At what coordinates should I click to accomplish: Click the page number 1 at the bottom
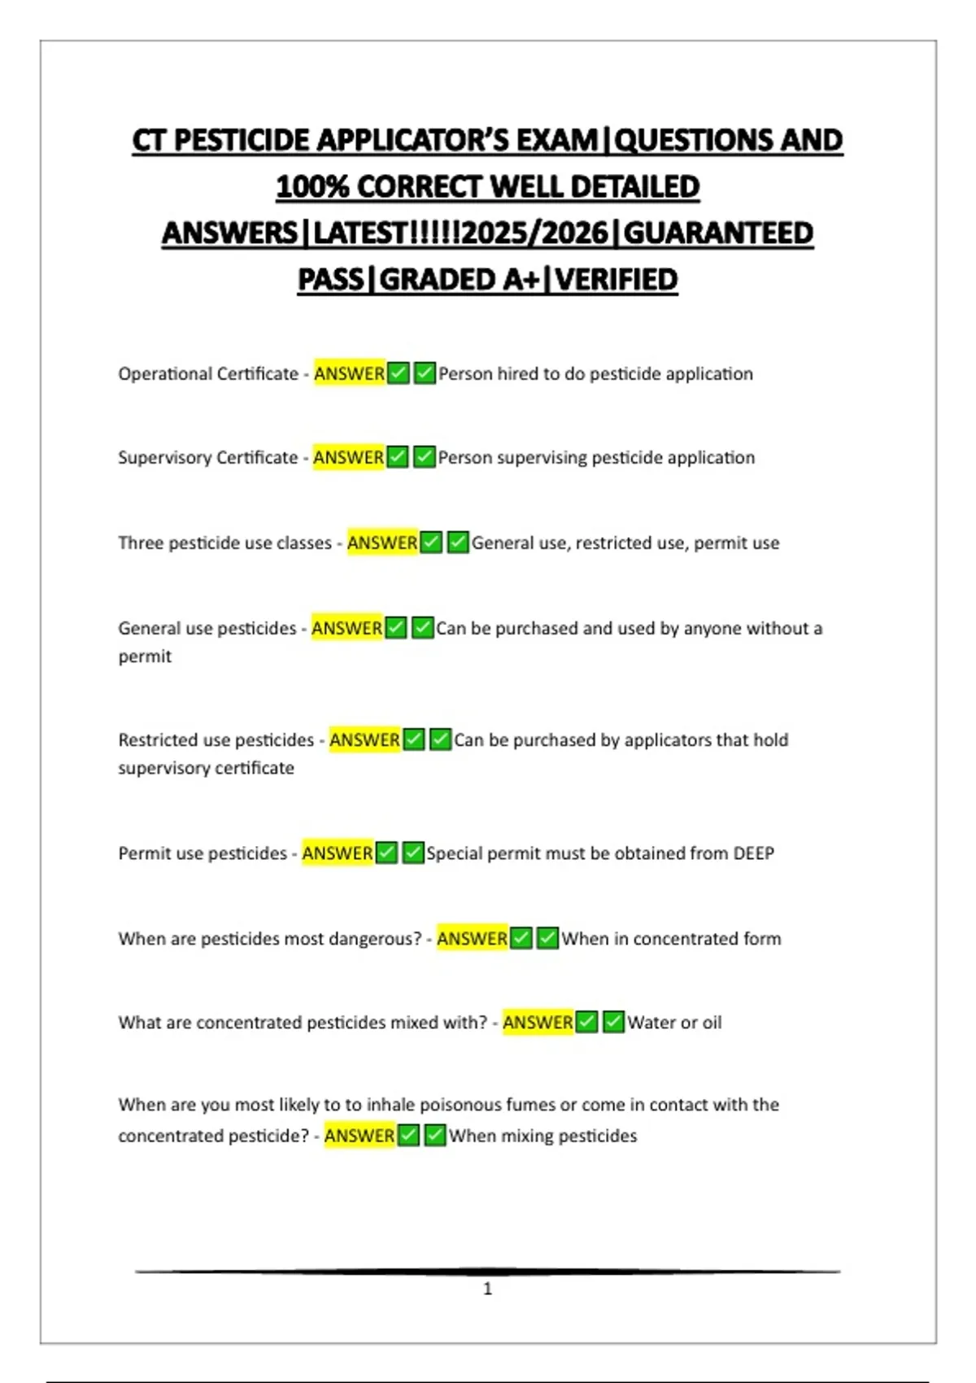coord(488,1289)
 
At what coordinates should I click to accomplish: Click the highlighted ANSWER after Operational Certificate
coord(349,374)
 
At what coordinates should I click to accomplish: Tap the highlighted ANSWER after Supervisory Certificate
coord(348,458)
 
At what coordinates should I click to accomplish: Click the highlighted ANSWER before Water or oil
coord(538,1023)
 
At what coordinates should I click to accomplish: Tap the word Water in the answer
coord(650,1023)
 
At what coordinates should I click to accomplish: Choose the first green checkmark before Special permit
coord(387,853)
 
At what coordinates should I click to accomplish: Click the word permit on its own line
coord(145,657)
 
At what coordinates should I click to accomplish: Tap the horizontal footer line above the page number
coord(488,1271)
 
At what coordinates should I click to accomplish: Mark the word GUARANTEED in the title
coord(718,233)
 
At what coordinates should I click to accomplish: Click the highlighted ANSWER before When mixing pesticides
coord(359,1136)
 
